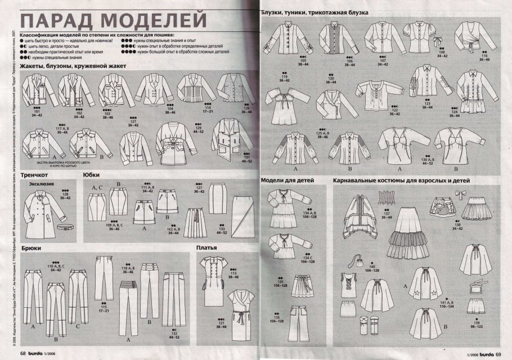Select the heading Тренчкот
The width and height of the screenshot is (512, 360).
click(x=35, y=174)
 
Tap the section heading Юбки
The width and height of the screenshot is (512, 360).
click(x=92, y=174)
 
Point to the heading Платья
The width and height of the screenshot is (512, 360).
click(x=207, y=247)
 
